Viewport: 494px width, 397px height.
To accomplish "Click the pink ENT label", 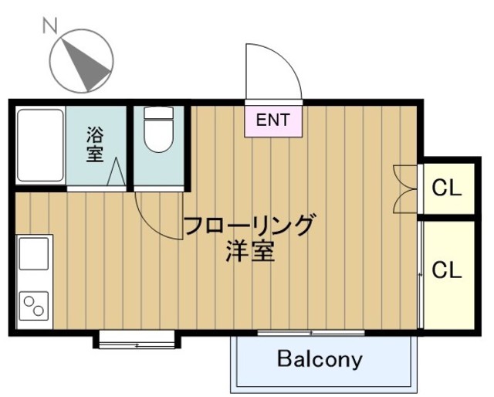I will pos(273,120).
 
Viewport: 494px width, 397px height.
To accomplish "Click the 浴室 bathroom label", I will pos(94,144).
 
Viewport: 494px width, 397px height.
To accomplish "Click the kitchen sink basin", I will pos(35,253).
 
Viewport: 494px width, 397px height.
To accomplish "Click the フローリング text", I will pos(250,226).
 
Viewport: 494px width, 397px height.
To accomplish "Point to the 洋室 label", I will pos(250,252).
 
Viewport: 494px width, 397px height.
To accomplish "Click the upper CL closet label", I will pos(446,187).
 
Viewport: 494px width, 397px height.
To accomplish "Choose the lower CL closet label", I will pos(446,270).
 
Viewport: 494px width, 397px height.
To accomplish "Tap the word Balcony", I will pos(320,359).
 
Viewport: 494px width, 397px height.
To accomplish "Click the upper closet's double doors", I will pos(404,188).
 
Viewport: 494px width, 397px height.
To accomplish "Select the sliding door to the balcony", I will pos(311,333).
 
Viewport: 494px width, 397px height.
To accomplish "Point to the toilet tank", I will pos(159,113).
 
